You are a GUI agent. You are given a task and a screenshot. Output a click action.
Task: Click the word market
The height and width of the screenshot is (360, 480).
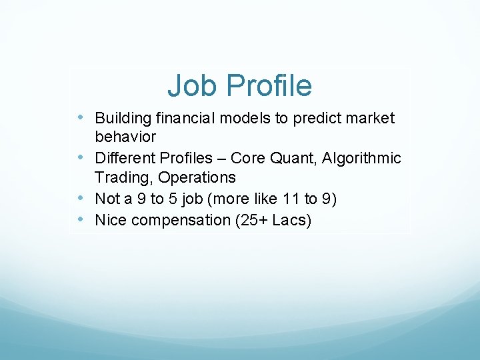(370, 119)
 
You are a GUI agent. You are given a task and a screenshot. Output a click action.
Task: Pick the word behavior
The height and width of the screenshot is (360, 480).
(125, 137)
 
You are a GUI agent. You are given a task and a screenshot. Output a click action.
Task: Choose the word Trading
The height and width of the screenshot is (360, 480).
(120, 177)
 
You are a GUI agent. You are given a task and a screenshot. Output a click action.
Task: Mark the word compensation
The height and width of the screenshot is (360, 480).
(179, 220)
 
